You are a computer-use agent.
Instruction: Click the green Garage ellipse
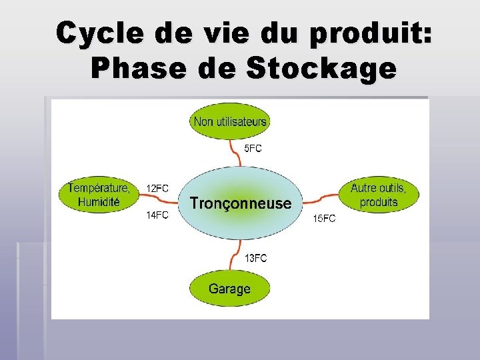[x=229, y=289]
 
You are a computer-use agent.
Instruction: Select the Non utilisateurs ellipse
[x=229, y=121]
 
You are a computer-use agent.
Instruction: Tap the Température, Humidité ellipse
[x=99, y=195]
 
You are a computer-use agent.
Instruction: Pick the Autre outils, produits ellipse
[x=378, y=195]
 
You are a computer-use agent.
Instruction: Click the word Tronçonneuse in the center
[x=241, y=203]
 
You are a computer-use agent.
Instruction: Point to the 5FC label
[x=253, y=149]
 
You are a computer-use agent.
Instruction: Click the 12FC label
[x=158, y=189]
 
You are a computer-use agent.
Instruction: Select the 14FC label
[x=158, y=215]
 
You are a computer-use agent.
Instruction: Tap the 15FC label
[x=325, y=219]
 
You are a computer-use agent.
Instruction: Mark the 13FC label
[x=256, y=258]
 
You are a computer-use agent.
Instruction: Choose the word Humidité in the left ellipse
[x=99, y=201]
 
